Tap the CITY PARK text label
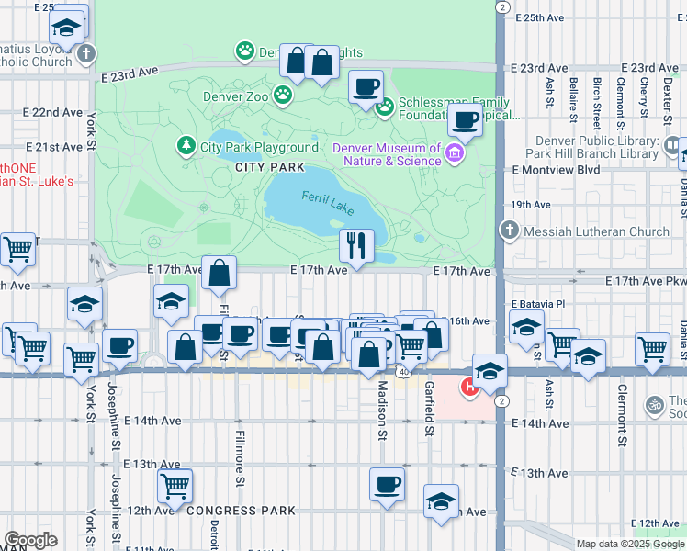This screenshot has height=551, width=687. point(269,167)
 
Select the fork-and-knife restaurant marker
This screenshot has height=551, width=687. point(355,244)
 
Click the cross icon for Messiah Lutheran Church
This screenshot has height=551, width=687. point(508,231)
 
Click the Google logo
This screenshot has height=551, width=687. point(30,540)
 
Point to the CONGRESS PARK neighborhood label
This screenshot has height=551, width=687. point(239,511)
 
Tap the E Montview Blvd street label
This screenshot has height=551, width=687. point(556,170)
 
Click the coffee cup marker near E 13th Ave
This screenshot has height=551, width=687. point(387,483)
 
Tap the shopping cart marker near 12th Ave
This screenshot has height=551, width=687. point(174,484)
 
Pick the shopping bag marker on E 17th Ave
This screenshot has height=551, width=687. point(219,272)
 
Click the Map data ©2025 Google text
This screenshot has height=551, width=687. point(631,544)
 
